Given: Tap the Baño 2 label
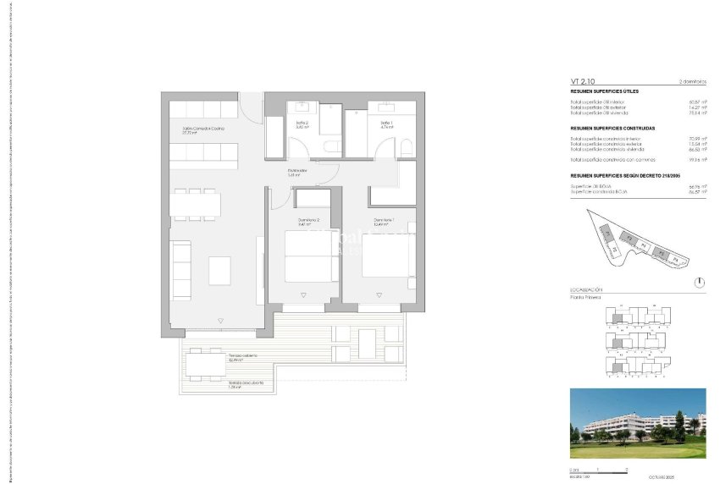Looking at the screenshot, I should (x=302, y=124).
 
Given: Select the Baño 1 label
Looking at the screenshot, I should (x=386, y=124).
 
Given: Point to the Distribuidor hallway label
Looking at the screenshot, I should (x=296, y=171).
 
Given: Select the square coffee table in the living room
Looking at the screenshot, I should (x=219, y=270).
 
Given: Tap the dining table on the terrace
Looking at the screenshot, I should (x=202, y=365).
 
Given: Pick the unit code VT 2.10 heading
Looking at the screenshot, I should (x=582, y=81).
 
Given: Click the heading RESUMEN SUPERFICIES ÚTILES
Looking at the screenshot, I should (x=604, y=91).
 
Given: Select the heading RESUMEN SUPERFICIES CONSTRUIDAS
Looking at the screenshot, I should (x=612, y=128).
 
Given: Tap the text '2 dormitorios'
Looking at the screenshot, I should (x=692, y=81).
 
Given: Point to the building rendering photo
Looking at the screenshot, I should (x=638, y=422).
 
